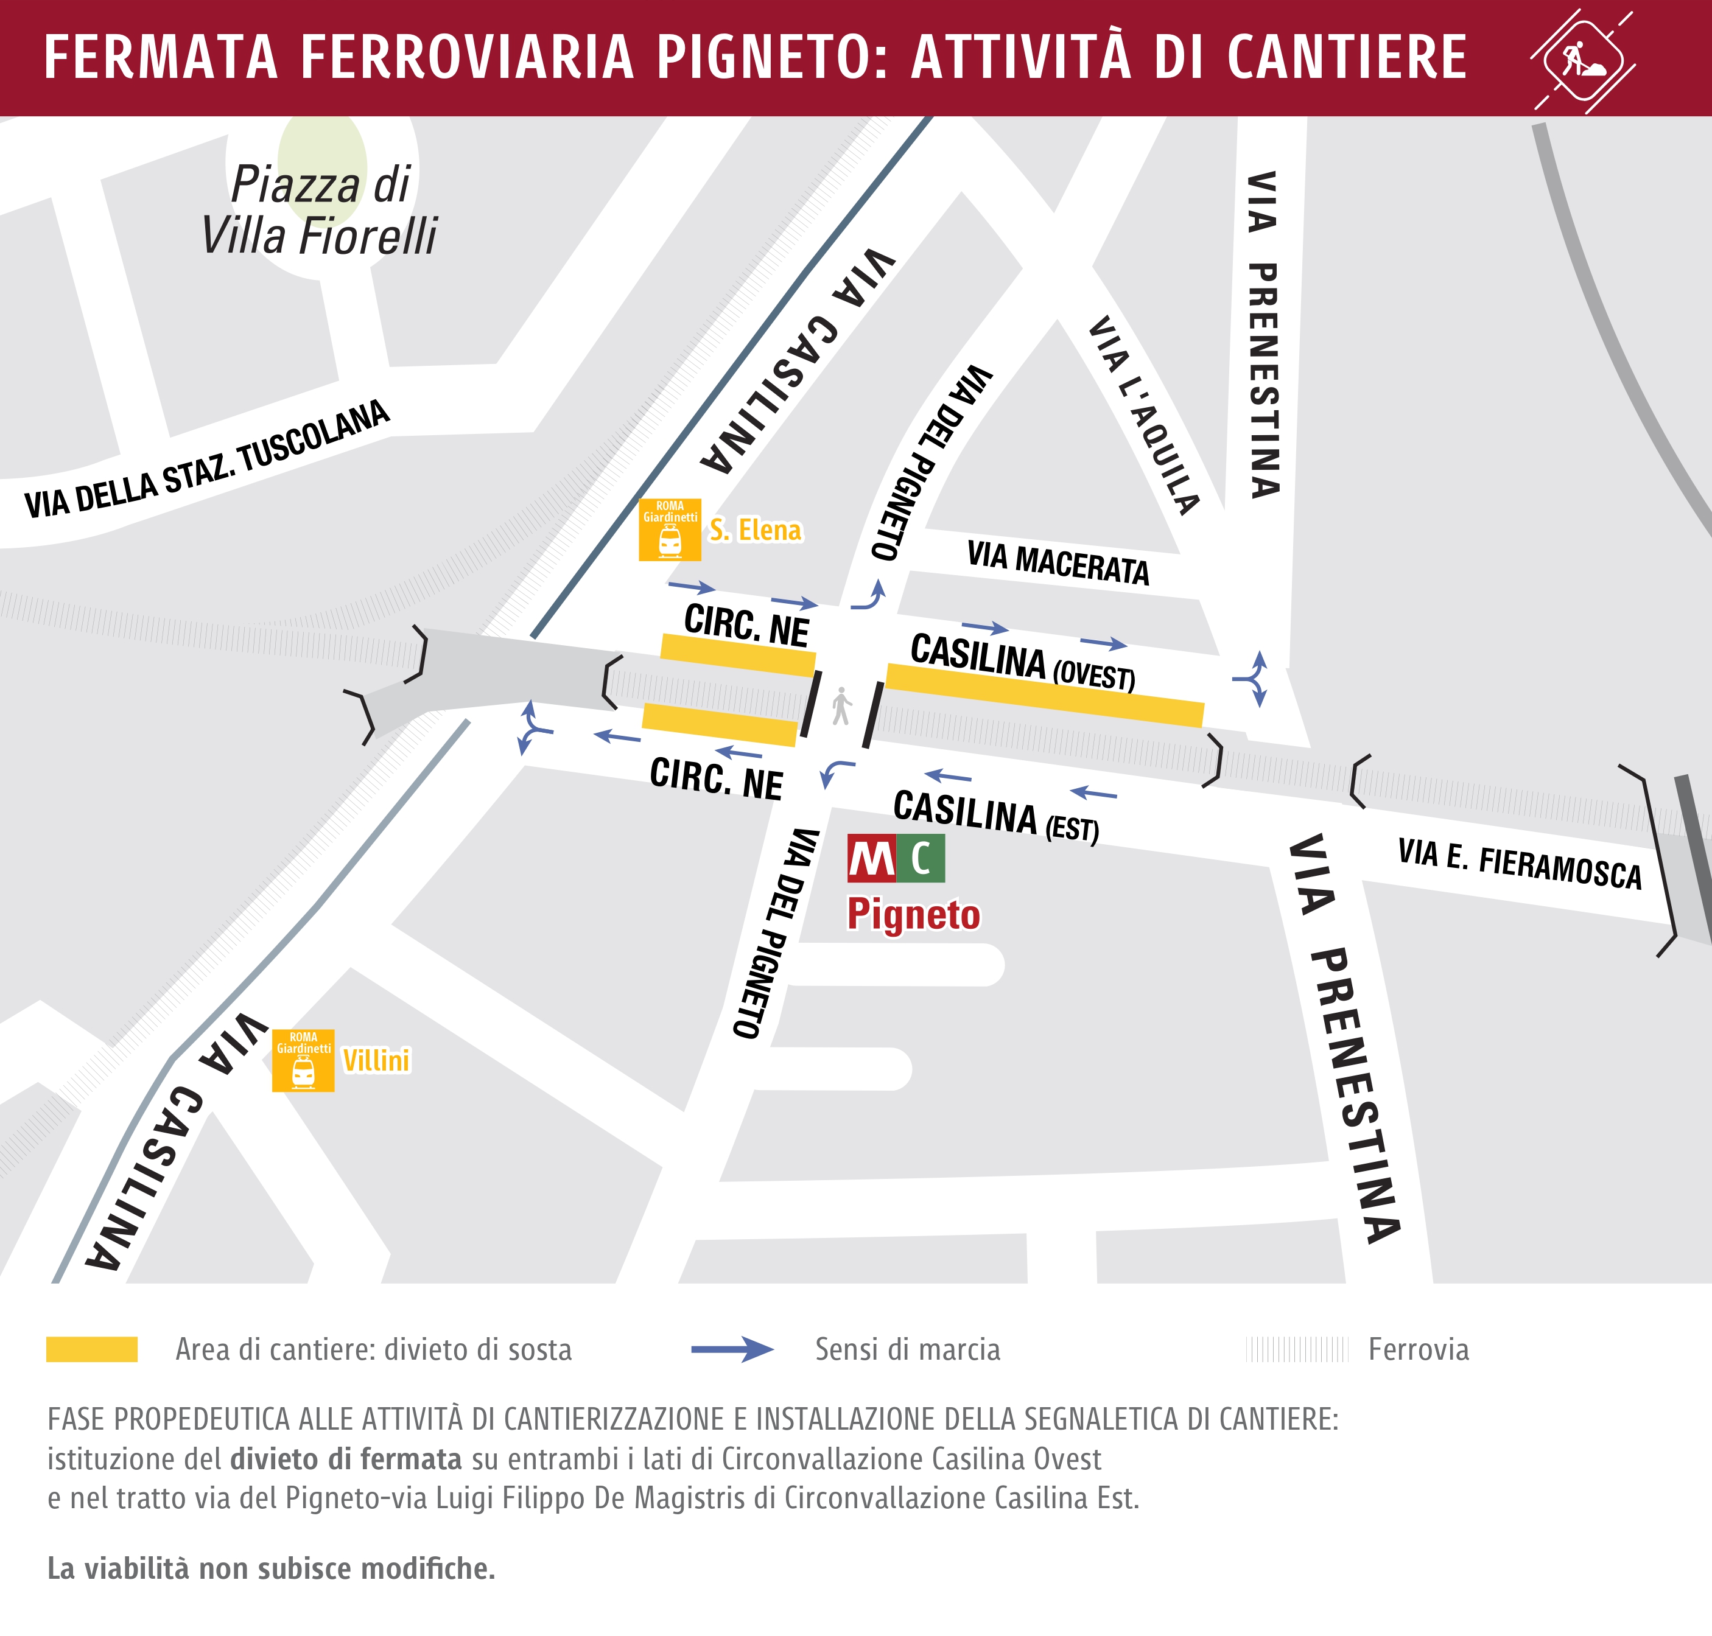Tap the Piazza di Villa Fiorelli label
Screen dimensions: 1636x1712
319,210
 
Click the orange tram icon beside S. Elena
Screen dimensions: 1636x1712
670,530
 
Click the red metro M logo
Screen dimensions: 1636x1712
871,859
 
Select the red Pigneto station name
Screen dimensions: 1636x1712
914,914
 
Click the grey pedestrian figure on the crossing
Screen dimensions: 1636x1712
841,707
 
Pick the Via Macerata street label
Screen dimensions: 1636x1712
1058,562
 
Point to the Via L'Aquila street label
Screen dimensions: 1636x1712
1143,415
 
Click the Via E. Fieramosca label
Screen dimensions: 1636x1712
1519,864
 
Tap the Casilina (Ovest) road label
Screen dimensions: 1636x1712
1022,662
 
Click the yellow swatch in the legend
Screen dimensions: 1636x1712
91,1349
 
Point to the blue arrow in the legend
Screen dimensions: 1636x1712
732,1350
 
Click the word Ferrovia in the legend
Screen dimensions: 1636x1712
1418,1350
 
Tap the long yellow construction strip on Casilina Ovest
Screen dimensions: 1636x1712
1045,695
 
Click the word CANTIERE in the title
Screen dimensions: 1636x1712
1347,58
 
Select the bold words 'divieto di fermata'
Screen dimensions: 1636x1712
345,1458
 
